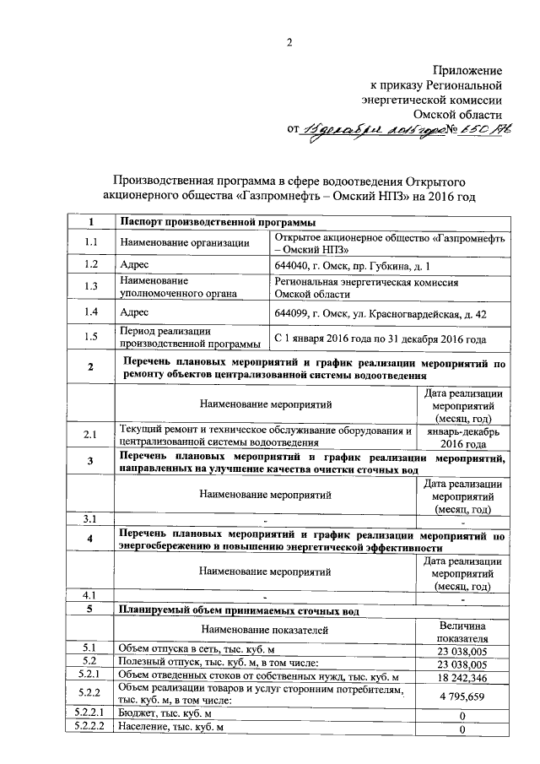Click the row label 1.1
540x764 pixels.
coord(91,243)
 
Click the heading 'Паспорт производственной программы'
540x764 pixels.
coord(218,222)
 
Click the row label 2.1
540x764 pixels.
coord(91,437)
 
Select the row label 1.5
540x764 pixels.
coord(91,339)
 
